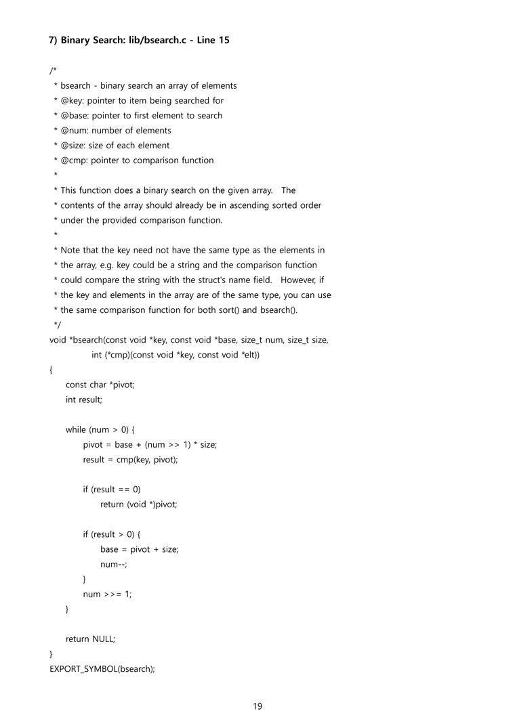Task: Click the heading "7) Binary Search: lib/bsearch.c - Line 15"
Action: (139, 40)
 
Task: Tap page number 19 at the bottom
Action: (257, 706)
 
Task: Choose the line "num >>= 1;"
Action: (107, 594)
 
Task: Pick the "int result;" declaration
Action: (84, 400)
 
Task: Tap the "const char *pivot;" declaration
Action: (100, 385)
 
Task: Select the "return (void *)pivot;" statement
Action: (138, 504)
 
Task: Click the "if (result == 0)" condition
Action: (112, 489)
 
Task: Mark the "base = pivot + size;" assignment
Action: (139, 549)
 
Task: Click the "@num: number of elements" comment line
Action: (115, 130)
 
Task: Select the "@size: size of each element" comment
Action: (115, 145)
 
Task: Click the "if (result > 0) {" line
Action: (112, 534)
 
